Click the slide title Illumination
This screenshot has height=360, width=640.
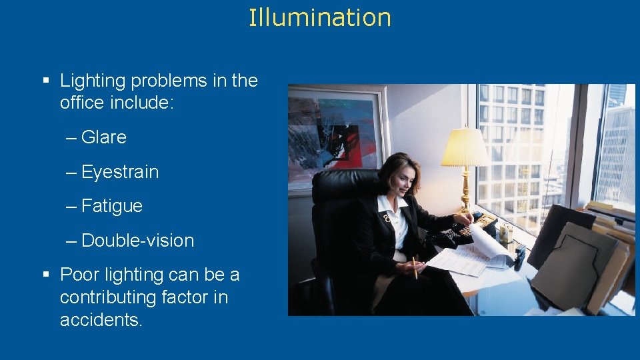pyautogui.click(x=319, y=17)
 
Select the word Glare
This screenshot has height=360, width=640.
pyautogui.click(x=103, y=137)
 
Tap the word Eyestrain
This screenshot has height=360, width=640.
pyautogui.click(x=120, y=172)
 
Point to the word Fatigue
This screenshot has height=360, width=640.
pyautogui.click(x=111, y=206)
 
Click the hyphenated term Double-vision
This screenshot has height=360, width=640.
pyautogui.click(x=137, y=241)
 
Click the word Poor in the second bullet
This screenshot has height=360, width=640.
pyautogui.click(x=78, y=275)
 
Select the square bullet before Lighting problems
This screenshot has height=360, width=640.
pyautogui.click(x=46, y=81)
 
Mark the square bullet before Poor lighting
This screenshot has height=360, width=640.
pyautogui.click(x=46, y=275)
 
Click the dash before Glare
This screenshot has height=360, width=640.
pyautogui.click(x=71, y=138)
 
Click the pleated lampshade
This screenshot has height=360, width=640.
pyautogui.click(x=465, y=147)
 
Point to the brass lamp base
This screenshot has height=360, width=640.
pyautogui.click(x=465, y=193)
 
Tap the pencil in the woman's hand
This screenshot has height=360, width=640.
pyautogui.click(x=415, y=267)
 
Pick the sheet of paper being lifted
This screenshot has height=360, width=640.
pyautogui.click(x=490, y=241)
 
